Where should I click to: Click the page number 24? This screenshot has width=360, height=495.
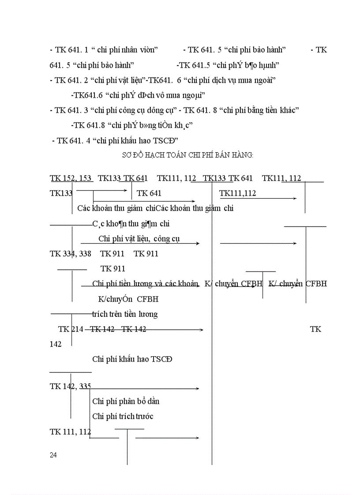(x=53, y=455)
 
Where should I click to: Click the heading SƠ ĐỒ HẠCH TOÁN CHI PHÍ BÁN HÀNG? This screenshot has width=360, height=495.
(x=187, y=155)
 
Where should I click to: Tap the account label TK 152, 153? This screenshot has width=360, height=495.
(x=71, y=178)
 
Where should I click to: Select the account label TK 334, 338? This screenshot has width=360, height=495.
(x=71, y=253)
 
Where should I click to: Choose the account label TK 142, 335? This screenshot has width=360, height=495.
(x=71, y=387)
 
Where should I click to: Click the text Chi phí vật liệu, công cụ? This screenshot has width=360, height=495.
(x=139, y=239)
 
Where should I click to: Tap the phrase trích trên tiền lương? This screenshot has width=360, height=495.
(x=125, y=314)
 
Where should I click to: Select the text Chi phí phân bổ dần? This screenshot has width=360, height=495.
(x=126, y=401)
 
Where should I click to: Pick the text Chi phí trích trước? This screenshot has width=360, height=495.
(x=123, y=416)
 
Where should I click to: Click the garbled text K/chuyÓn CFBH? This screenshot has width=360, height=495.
(x=128, y=299)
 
